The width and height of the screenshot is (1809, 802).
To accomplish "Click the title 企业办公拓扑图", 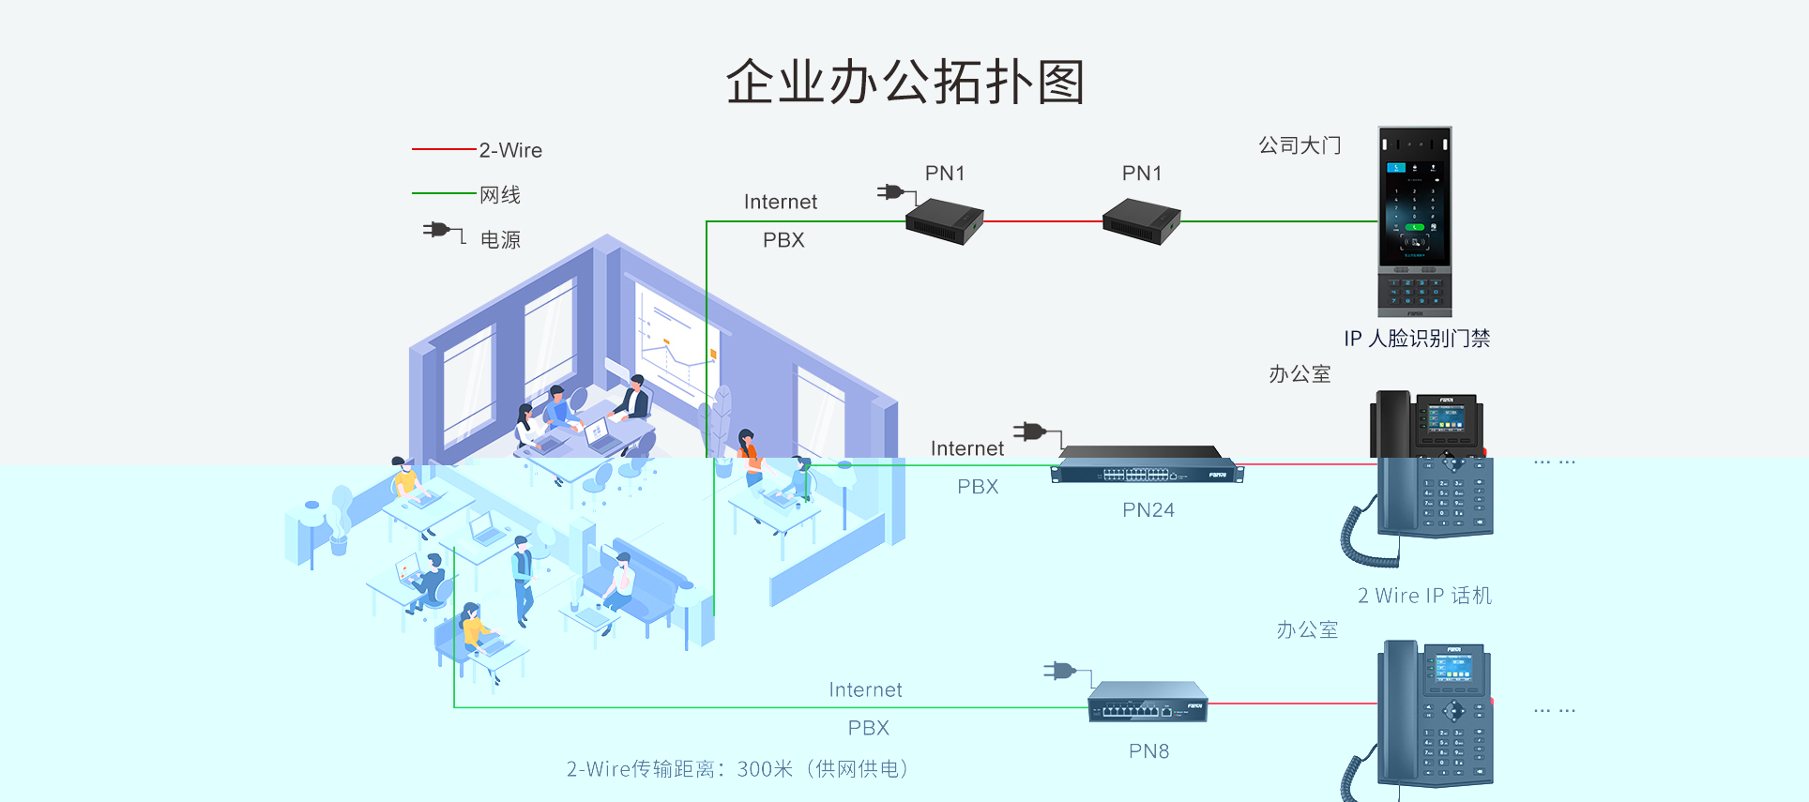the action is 905,82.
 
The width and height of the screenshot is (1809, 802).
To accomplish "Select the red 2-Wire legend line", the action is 444,149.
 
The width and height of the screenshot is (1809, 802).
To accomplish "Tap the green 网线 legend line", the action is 444,193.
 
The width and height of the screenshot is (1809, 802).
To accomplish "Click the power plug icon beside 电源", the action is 444,231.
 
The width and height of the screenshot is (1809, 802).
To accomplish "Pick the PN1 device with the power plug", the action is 944,221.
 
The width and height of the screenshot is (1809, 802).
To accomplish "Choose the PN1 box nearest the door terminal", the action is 1141,221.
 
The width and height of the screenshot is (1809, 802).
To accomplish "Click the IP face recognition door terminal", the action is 1415,221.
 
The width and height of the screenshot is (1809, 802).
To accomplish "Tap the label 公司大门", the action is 1300,145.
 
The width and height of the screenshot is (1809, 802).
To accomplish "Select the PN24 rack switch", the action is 1148,464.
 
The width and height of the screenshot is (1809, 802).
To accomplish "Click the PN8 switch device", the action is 1148,702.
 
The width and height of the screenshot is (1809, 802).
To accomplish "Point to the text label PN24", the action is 1148,510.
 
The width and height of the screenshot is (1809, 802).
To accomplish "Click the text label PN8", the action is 1148,751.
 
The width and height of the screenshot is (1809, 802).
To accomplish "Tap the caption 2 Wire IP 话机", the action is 1424,596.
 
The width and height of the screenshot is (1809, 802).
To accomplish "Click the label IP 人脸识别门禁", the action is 1417,339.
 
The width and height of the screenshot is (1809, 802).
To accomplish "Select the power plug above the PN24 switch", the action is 1037,432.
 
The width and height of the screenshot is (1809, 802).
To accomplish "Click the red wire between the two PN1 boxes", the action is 1043,222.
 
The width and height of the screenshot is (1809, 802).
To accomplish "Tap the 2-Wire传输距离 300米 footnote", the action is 737,769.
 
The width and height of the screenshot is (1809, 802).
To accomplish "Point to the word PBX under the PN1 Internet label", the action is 783,240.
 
